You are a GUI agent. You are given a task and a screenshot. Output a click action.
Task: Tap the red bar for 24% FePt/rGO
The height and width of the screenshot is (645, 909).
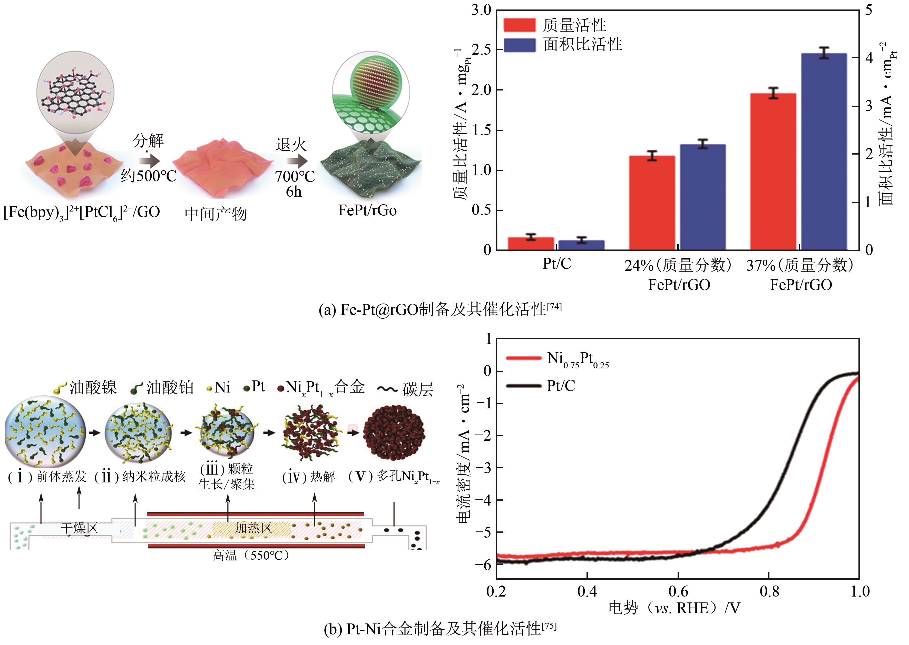click(652, 203)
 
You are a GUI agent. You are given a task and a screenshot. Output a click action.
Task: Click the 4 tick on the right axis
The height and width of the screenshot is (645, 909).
click(869, 58)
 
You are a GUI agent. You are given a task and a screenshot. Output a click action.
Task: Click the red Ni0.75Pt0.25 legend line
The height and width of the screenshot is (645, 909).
click(524, 358)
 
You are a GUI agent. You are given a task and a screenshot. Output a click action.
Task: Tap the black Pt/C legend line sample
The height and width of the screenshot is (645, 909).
click(524, 386)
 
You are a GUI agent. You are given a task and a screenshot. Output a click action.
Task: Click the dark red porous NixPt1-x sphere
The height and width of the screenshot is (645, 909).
click(394, 432)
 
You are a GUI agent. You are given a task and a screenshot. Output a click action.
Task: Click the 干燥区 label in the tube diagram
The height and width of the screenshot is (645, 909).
click(79, 528)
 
